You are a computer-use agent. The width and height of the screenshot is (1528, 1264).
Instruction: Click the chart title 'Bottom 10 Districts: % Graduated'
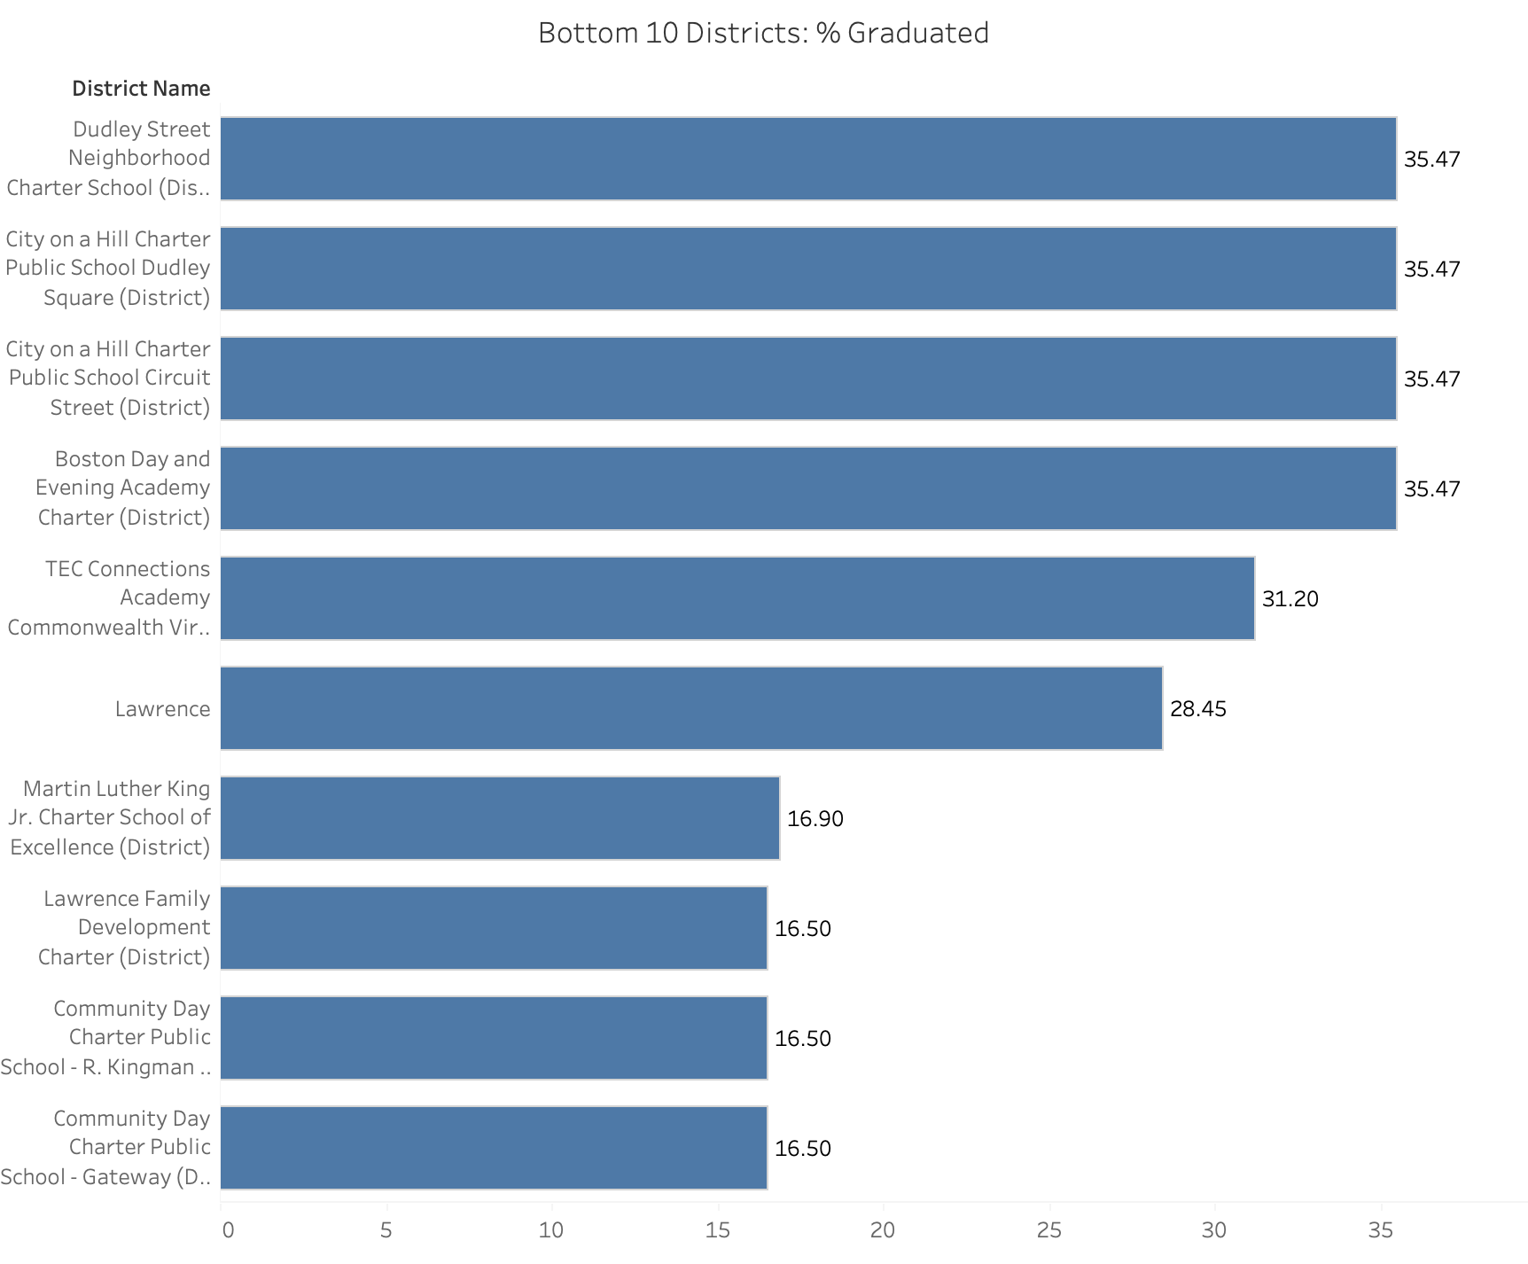click(x=763, y=33)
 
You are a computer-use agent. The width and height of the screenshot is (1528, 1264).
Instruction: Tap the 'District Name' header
click(x=141, y=89)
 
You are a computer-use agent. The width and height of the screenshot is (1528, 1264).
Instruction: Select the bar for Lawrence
click(x=691, y=708)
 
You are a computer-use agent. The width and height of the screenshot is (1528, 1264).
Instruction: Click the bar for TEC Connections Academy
click(x=737, y=598)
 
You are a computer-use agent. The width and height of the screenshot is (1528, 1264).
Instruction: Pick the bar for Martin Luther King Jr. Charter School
click(x=500, y=818)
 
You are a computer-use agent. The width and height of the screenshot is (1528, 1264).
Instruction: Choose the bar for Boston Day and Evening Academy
click(x=808, y=488)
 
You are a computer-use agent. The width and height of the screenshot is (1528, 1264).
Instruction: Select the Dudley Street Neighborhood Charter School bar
click(x=808, y=159)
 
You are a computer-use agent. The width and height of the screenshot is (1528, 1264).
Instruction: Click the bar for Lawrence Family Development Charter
click(x=494, y=928)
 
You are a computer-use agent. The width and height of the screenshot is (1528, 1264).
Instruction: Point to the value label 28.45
click(x=1198, y=709)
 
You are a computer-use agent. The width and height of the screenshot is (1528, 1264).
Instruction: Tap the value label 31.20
click(x=1290, y=599)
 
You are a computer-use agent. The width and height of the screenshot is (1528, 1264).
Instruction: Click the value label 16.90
click(x=815, y=819)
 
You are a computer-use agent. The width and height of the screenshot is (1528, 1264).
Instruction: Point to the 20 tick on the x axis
click(x=883, y=1230)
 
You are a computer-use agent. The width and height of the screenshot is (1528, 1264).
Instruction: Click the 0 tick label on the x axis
click(x=228, y=1230)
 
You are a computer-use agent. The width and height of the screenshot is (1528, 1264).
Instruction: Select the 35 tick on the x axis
click(x=1381, y=1230)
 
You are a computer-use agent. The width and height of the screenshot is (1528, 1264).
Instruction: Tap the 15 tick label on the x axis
click(x=718, y=1230)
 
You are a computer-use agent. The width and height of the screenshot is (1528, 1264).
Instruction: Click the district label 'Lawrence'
click(x=163, y=709)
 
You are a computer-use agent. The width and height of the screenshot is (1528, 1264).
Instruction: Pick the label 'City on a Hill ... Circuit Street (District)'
click(x=108, y=378)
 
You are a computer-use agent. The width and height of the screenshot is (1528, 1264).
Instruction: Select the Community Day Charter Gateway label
click(x=105, y=1147)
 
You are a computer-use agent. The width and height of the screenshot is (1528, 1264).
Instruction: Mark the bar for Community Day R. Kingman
click(x=494, y=1038)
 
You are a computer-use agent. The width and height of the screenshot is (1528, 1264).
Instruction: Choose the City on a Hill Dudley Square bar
click(x=808, y=269)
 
